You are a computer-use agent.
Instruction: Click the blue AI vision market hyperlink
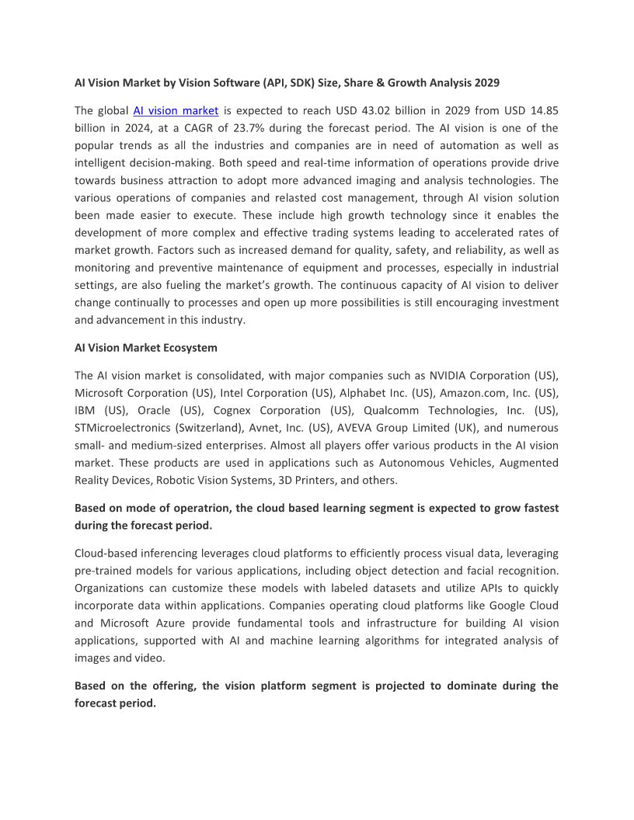point(176,110)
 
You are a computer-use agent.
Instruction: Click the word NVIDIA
point(447,375)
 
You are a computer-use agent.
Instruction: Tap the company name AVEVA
point(356,428)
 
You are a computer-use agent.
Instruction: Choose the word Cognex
point(235,410)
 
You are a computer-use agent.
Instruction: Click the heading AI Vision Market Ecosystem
point(146,347)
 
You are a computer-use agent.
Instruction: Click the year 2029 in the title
point(485,82)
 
